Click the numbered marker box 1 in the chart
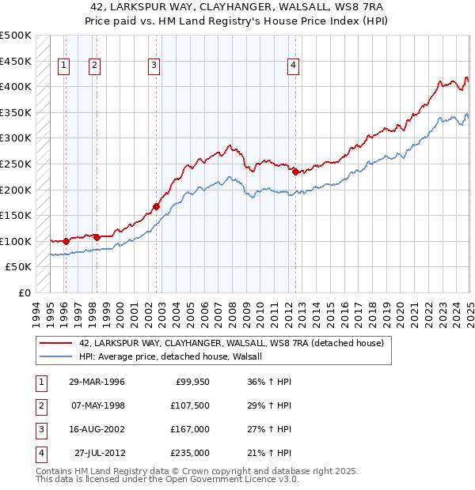click(63, 66)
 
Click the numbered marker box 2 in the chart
click(94, 66)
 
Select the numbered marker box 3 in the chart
click(154, 66)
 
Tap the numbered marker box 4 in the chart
click(293, 66)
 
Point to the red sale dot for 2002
click(156, 206)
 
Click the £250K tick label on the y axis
click(16, 164)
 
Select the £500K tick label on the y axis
click(16, 36)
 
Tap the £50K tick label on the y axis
click(19, 267)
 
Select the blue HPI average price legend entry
click(175, 356)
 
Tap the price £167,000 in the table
click(190, 429)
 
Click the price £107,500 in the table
click(190, 405)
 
